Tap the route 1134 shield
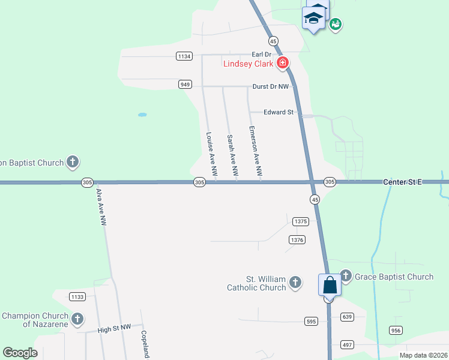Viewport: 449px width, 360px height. pos(184,56)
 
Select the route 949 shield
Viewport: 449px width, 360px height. pos(185,85)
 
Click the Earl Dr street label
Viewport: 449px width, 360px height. pos(262,55)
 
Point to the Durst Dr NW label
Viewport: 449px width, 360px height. pos(271,86)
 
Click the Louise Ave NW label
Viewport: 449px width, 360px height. pos(210,149)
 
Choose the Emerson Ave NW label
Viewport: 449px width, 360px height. pos(255,151)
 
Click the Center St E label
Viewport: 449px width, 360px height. pos(403,181)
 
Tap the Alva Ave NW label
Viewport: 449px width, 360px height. pos(101,207)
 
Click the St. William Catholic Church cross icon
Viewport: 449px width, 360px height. pos(295,282)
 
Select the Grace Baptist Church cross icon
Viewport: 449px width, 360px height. pos(346,276)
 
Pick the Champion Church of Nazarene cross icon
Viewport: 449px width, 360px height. pos(77,319)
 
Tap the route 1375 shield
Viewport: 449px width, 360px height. pos(301,221)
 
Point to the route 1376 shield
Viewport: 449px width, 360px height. pos(297,239)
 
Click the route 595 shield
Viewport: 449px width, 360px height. pos(311,321)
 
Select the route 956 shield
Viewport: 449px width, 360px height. pos(396,330)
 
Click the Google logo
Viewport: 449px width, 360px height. pos(20,353)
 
